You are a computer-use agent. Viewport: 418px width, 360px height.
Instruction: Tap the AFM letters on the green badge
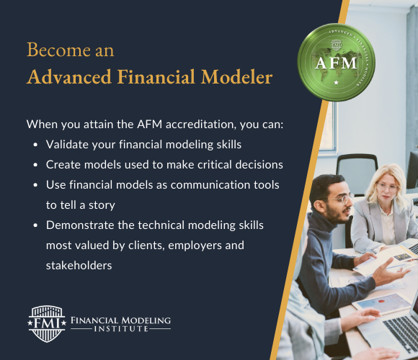(x=335, y=62)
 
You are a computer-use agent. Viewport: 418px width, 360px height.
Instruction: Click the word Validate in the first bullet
(x=68, y=144)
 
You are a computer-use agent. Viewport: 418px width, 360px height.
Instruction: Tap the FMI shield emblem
(x=47, y=322)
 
